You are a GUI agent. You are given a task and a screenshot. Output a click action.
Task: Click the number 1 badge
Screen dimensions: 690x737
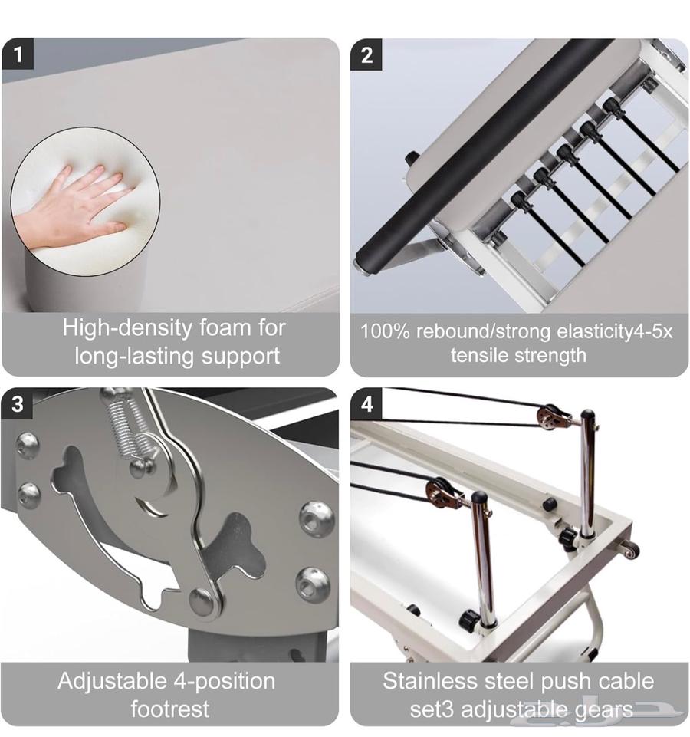pyautogui.click(x=18, y=54)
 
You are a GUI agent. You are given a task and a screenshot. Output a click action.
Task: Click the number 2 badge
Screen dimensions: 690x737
pyautogui.click(x=366, y=55)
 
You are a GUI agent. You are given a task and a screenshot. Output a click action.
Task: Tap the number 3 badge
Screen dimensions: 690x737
pyautogui.click(x=17, y=403)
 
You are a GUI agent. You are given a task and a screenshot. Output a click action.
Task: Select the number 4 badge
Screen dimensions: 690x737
pyautogui.click(x=366, y=403)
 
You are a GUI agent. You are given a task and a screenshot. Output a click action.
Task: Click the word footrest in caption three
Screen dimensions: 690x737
pyautogui.click(x=169, y=709)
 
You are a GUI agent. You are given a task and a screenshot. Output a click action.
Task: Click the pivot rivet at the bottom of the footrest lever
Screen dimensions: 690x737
pyautogui.click(x=203, y=600)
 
